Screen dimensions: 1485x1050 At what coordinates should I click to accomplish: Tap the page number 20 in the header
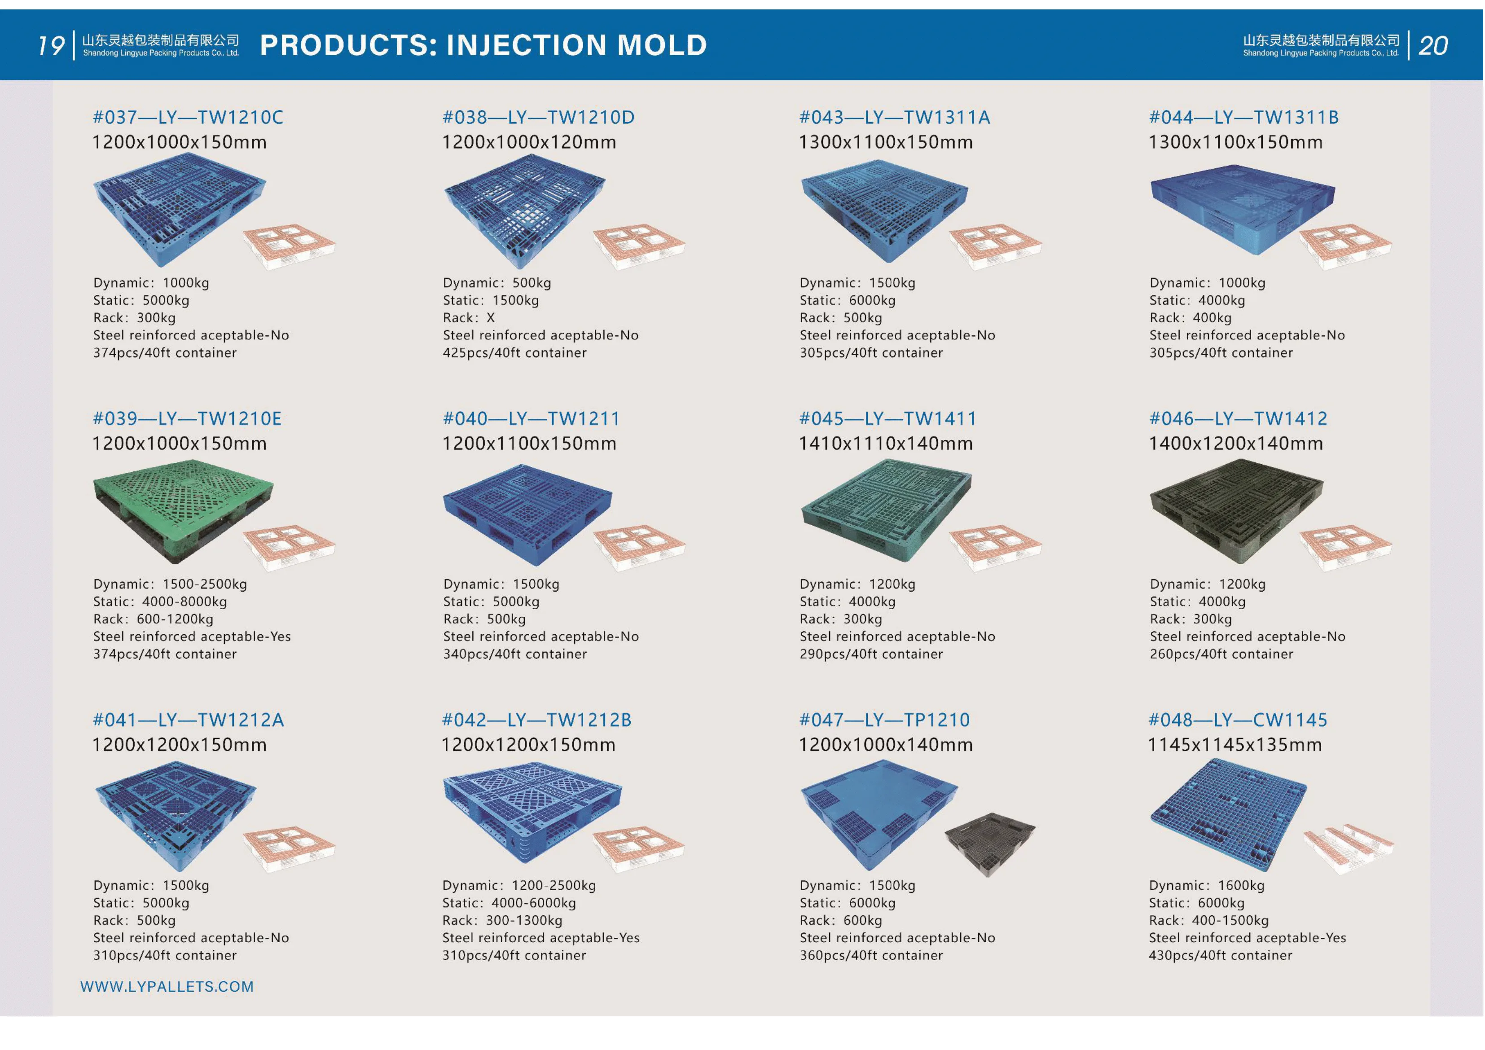point(1432,45)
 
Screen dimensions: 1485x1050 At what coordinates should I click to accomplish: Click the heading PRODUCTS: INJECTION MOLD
point(483,44)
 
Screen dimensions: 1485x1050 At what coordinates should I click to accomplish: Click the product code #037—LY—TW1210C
point(188,117)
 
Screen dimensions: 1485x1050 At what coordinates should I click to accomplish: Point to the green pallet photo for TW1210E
point(183,510)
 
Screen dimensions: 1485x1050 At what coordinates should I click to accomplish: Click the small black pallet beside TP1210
point(989,843)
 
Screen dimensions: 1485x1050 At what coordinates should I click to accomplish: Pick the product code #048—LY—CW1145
point(1238,720)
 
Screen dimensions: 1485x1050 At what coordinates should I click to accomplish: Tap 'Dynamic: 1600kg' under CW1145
point(1207,885)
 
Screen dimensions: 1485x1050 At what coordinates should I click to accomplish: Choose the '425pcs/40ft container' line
point(515,352)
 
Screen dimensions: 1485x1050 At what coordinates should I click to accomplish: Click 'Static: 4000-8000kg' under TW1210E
point(160,602)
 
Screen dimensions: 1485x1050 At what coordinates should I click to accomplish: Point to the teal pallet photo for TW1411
point(886,510)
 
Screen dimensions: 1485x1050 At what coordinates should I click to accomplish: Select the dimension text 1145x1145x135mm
point(1235,745)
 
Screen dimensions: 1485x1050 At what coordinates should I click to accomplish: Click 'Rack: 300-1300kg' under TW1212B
point(502,920)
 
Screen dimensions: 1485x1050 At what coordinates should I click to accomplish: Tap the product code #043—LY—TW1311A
point(895,117)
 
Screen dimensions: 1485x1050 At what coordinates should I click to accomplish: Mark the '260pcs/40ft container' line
point(1222,654)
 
